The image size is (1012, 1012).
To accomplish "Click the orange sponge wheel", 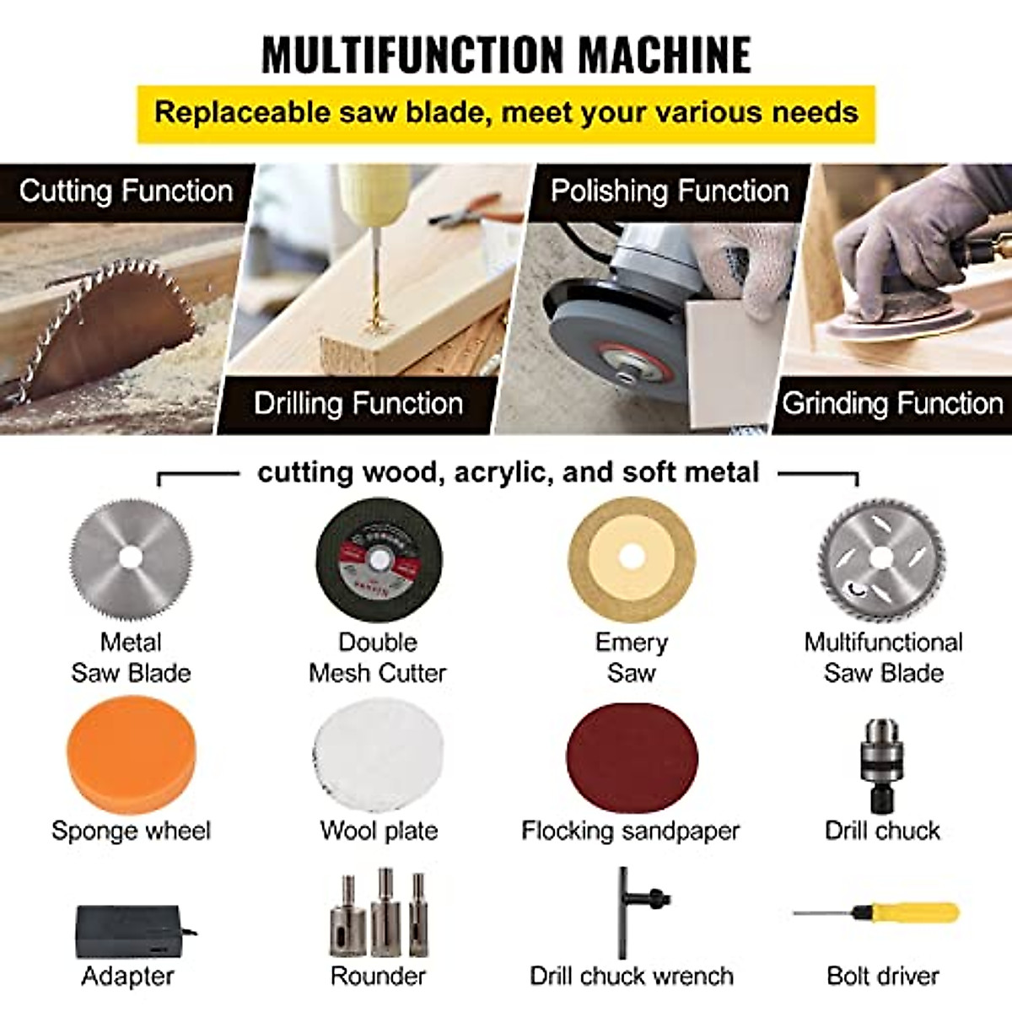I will pos(131,754).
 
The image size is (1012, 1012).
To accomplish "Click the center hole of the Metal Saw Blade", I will pos(130,557).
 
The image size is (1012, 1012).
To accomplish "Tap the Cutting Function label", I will pos(126,191).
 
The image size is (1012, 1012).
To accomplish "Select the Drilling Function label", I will pos(358,403).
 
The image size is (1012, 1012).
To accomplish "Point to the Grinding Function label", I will pos(892,403).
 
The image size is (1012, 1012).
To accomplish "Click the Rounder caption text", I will pos(378,976).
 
